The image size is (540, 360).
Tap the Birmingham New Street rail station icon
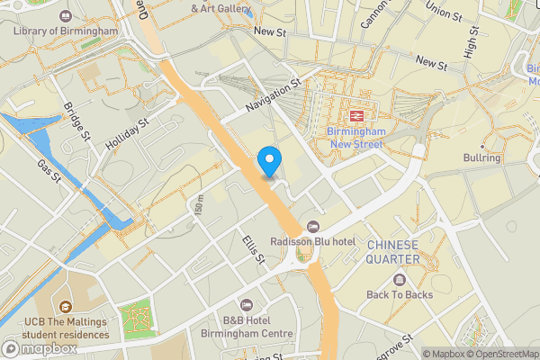point(356,115)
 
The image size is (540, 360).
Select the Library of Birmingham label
point(66,31)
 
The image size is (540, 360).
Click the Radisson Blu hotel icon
point(313,226)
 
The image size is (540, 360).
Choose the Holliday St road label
point(125,134)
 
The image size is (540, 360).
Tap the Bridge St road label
point(77,121)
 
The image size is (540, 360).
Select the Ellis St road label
point(253,249)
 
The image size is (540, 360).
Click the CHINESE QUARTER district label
point(392,252)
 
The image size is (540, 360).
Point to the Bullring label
point(482,158)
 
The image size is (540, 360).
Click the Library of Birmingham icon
point(66,16)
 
